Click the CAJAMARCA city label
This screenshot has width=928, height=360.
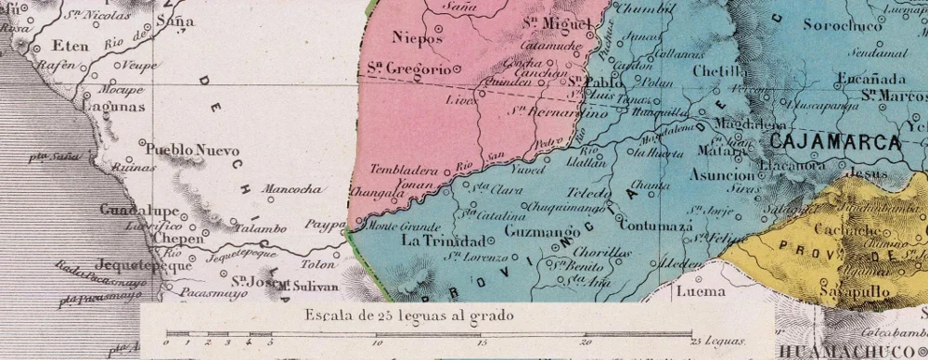click(835, 143)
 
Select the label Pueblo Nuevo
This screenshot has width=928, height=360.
click(193, 150)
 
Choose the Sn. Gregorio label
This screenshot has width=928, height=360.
click(406, 69)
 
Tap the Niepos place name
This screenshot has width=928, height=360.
click(413, 38)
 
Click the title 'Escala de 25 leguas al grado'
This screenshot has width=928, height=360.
click(407, 315)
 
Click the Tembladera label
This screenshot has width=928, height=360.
click(402, 170)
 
